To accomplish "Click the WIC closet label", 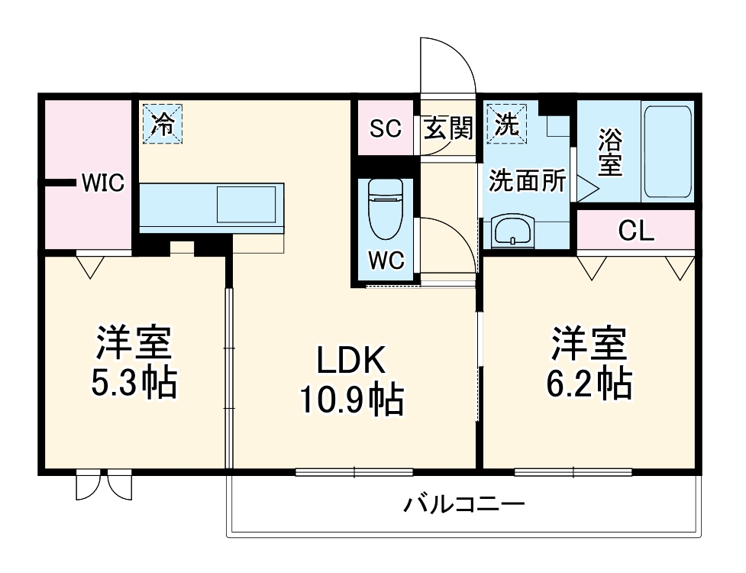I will point(102,183).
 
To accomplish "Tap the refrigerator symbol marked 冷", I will point(162,124).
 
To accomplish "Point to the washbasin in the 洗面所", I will point(512,231).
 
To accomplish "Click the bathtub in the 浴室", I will point(667,152).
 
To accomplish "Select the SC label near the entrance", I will point(386,128).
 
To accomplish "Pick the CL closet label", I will point(636,231).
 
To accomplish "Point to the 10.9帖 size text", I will point(350,399).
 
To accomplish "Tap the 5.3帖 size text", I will point(134,383).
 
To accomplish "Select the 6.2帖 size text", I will point(589,383).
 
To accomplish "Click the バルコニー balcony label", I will point(464,504).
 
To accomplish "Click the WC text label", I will point(386,260).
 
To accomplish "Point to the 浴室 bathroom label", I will point(609,152).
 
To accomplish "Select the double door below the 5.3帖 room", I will point(105,486).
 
